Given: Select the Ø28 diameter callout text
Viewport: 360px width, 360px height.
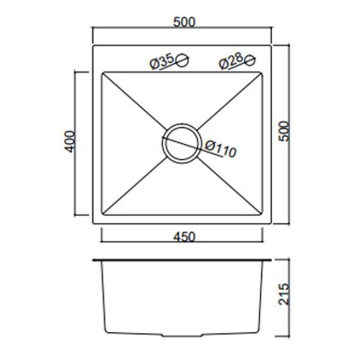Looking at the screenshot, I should click(230, 62).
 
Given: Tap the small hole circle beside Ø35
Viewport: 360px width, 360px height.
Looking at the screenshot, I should click(182, 61).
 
